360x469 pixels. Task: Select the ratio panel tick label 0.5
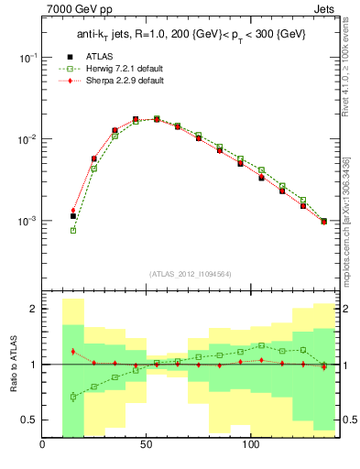28,420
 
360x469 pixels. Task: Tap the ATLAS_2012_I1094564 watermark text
190,273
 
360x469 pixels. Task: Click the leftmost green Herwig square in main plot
73,230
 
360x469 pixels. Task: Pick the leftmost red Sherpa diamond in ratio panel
73,352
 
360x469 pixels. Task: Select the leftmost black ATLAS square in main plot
73,216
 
